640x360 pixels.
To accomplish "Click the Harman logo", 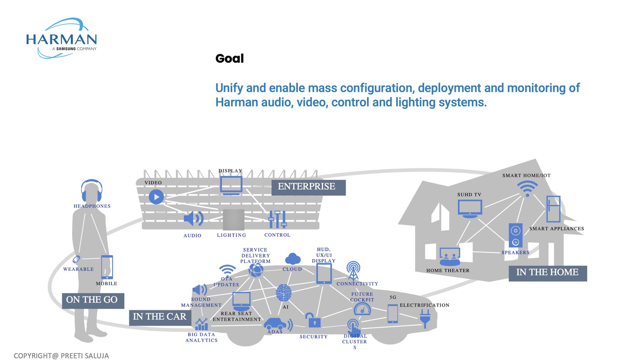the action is (62, 38).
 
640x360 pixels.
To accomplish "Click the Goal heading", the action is (230, 58).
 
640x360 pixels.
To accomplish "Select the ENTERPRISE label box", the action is (308, 187).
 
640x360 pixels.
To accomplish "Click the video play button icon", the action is (156, 197).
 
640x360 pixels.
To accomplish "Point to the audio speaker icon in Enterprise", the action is (193, 218).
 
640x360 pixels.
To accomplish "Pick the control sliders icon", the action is (277, 219).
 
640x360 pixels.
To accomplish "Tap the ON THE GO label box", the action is (93, 300).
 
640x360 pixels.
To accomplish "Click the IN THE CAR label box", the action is (160, 317).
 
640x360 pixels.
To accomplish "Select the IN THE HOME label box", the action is (548, 273).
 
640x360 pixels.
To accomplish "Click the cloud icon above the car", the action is (293, 259).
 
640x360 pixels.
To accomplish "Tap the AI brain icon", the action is (284, 293).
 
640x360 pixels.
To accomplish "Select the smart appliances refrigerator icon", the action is (553, 209).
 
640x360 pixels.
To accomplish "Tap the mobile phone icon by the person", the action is (107, 267).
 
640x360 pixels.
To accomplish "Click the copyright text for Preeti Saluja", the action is (61, 356).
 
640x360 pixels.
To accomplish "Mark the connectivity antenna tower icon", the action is (353, 271).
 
